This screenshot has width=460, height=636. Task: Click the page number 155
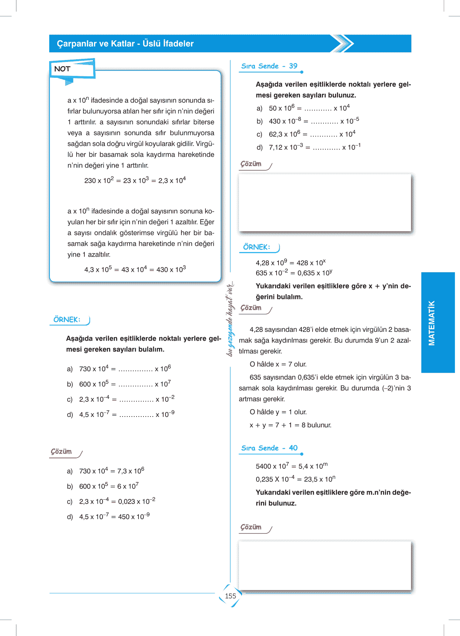pos(230,596)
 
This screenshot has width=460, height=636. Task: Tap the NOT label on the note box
pos(62,69)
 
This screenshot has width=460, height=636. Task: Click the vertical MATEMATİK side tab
pos(432,322)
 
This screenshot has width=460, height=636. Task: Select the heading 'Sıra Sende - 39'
pos(269,66)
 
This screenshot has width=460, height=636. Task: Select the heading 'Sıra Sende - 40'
pos(269,448)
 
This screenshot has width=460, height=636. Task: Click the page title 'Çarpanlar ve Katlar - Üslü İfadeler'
pos(125,44)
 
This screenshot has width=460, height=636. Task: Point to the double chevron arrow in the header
pos(343,43)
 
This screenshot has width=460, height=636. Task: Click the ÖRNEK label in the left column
pos(67,320)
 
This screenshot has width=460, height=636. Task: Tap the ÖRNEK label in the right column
pos(257,247)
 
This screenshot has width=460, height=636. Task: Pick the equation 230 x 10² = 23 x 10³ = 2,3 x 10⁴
pos(135,180)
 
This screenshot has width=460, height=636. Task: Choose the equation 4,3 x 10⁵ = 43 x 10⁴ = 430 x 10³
pos(135,269)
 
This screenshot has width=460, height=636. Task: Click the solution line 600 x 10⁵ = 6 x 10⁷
pos(109,486)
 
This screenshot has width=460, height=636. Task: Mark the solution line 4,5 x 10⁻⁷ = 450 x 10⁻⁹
pos(114,517)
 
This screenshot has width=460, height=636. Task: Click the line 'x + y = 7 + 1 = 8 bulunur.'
pos(291,425)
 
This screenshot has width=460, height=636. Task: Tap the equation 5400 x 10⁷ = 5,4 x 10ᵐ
pos(292,466)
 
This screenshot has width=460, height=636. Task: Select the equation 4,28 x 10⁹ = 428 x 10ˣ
pos(291,263)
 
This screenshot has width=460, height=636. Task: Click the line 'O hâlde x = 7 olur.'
pos(278,364)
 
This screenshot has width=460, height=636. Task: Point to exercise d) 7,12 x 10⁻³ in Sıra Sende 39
pos(309,147)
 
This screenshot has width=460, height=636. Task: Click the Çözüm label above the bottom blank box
pos(251,527)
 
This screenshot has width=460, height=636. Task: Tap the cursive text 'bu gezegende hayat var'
pos(231,319)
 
